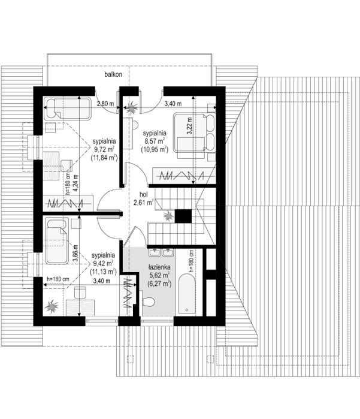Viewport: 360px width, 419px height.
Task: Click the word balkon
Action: (x=113, y=74)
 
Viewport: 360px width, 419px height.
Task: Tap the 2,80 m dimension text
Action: (x=105, y=104)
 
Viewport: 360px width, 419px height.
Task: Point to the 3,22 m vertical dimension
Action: (x=189, y=126)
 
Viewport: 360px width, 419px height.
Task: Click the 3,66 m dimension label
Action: (x=75, y=254)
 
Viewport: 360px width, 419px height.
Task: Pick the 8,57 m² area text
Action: (x=155, y=141)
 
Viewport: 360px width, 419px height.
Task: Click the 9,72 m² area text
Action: (x=104, y=149)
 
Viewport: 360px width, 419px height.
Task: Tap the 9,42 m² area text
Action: (x=103, y=263)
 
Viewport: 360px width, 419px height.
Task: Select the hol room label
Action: (x=143, y=194)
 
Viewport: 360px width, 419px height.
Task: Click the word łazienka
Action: (x=159, y=267)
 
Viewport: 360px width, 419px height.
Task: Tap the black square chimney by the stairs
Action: (x=183, y=216)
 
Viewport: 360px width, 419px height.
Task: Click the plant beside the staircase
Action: (x=168, y=215)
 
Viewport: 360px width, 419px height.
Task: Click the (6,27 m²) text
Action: (x=159, y=284)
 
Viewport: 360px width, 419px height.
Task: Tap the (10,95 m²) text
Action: (x=155, y=149)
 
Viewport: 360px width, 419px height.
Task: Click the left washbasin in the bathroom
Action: (x=155, y=252)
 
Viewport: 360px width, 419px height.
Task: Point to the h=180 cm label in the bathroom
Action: (x=191, y=261)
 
